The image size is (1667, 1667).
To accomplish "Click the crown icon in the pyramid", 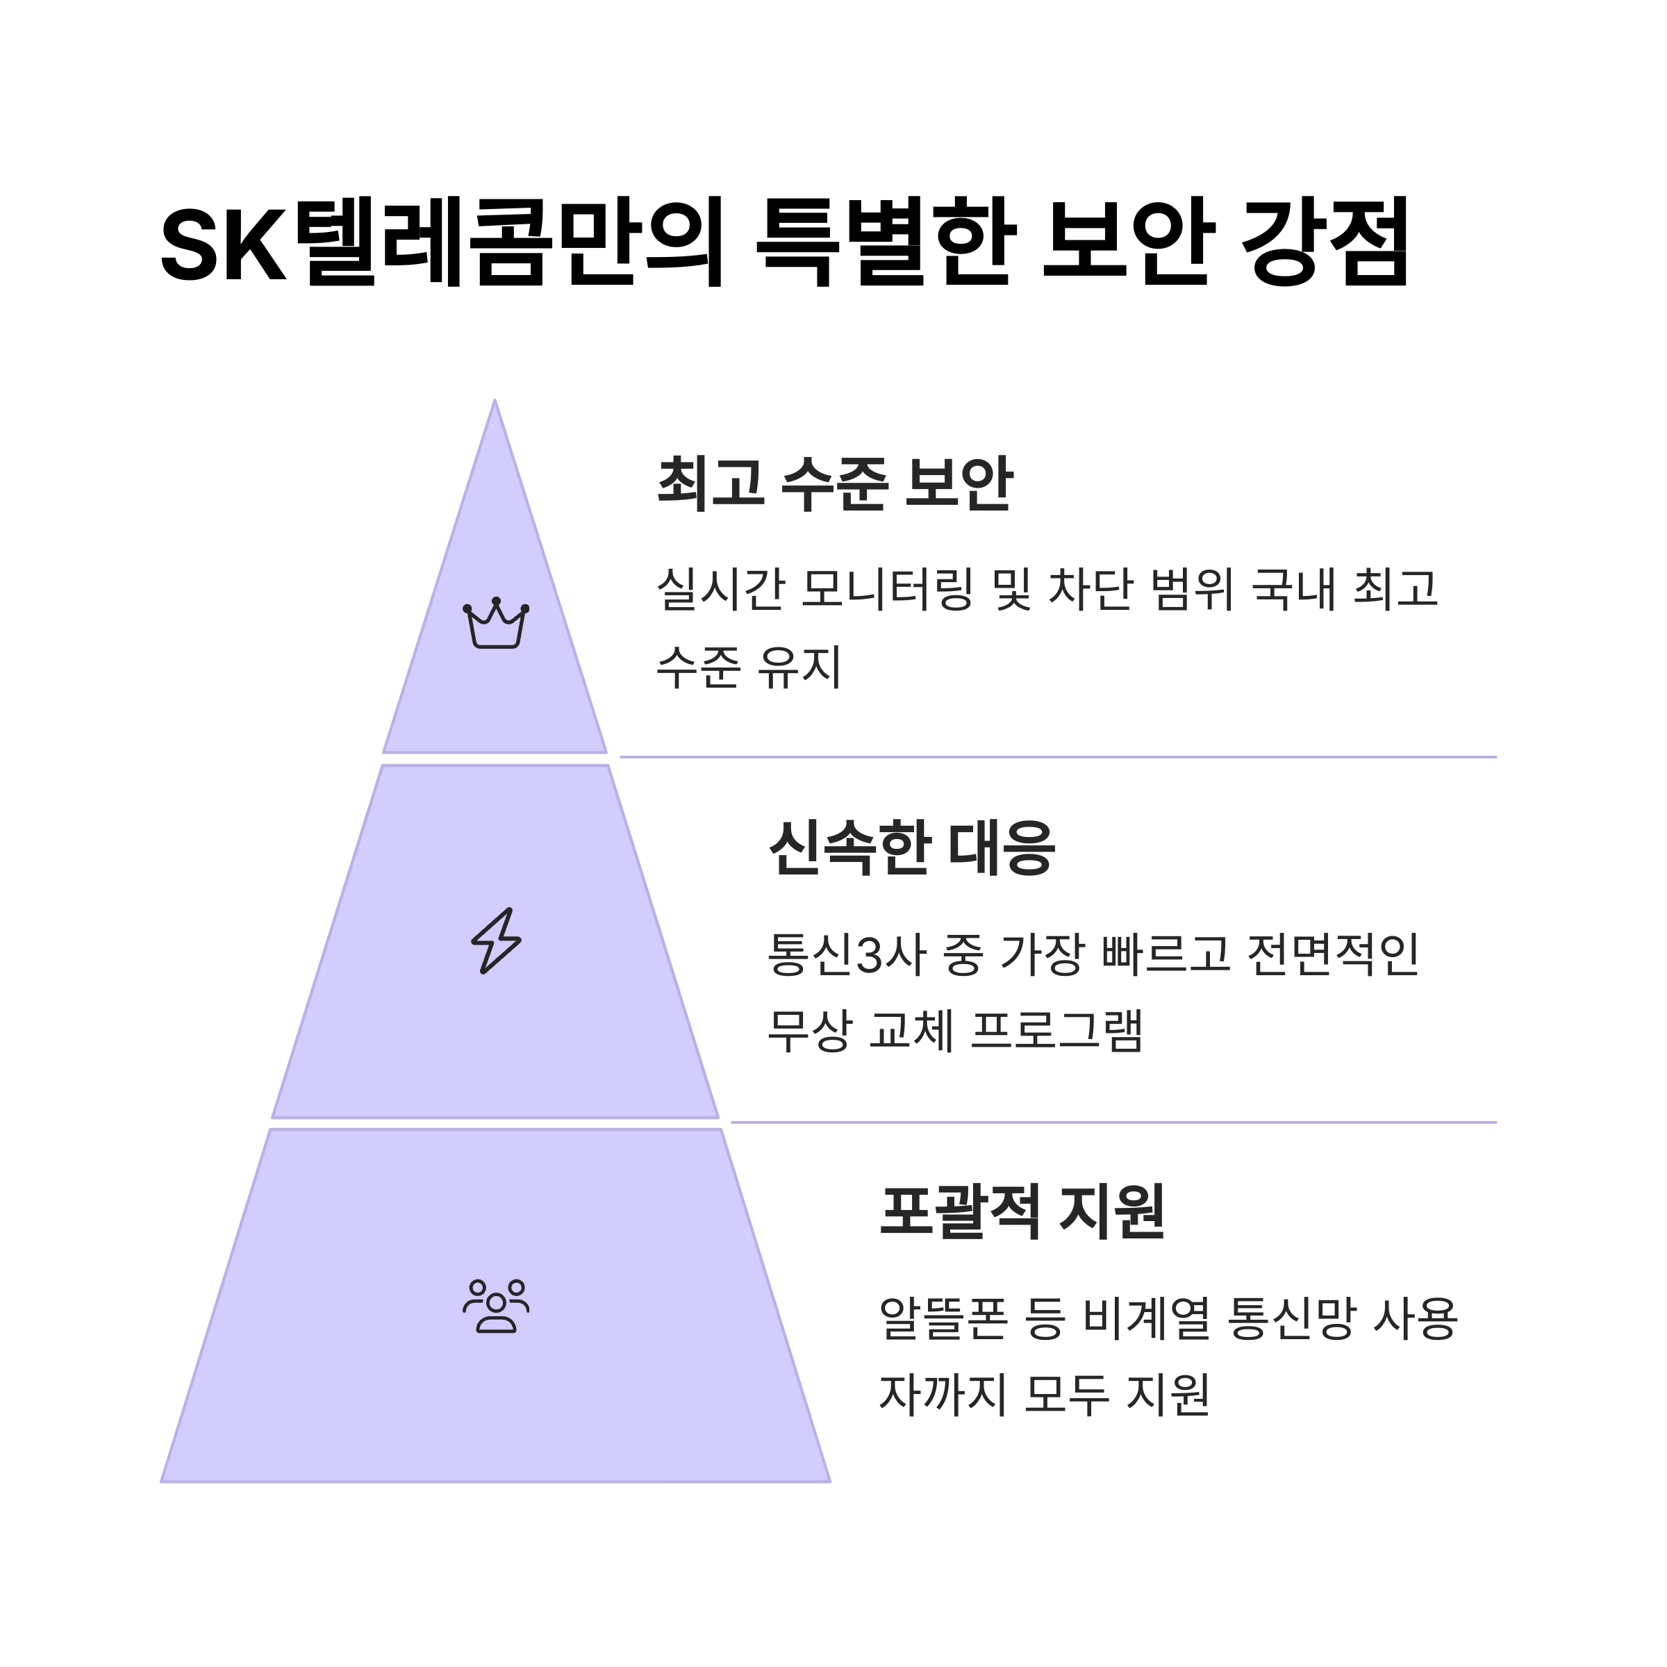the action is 496,623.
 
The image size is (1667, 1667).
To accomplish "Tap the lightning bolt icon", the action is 496,940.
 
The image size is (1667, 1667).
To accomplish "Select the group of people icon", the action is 496,1307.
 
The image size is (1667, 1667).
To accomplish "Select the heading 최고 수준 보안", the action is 834,483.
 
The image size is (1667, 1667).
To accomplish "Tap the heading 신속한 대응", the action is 911,848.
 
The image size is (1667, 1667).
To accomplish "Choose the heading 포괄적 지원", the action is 1022,1212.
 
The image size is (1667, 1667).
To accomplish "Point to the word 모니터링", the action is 887,589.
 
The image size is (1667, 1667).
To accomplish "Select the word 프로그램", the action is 1057,1029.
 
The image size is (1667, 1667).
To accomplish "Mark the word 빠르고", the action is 1166,954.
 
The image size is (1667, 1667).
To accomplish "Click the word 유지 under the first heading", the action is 799,666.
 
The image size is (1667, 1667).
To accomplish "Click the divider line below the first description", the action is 1057,756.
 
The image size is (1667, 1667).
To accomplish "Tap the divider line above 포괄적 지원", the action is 1113,1122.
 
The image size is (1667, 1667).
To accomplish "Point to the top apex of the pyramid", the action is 495,402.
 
